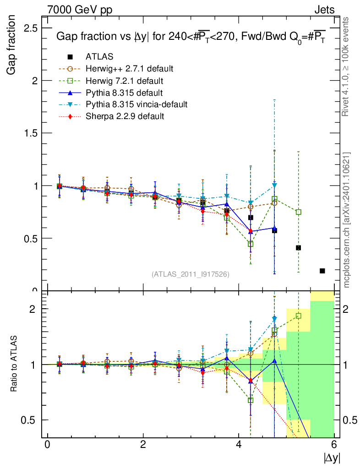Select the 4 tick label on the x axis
[239, 444]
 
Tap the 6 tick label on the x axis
[334, 444]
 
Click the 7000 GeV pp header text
[80, 10]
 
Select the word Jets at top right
[324, 10]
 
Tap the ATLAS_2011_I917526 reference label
[191, 274]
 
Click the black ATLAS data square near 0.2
[322, 271]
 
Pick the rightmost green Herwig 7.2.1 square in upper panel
[299, 212]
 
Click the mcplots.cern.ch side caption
[347, 220]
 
